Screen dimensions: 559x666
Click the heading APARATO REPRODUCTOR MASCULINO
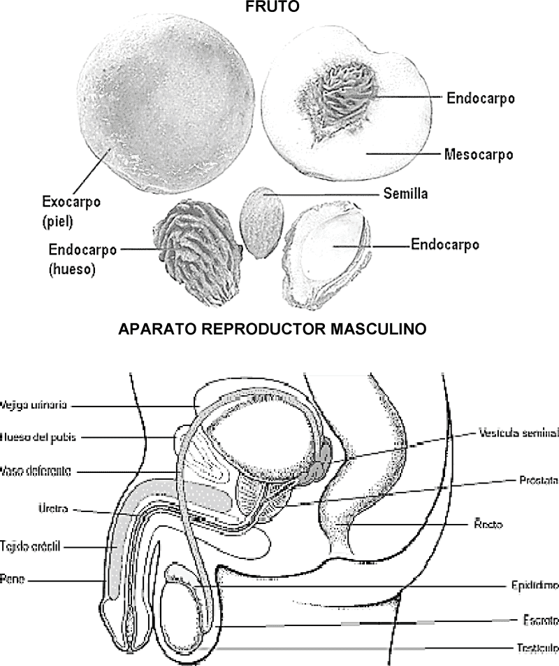273,328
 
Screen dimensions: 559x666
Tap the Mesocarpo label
479,154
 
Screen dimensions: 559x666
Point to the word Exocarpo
70,202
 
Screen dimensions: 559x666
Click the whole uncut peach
164,112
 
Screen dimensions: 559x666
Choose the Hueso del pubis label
38,437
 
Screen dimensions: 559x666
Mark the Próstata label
539,481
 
